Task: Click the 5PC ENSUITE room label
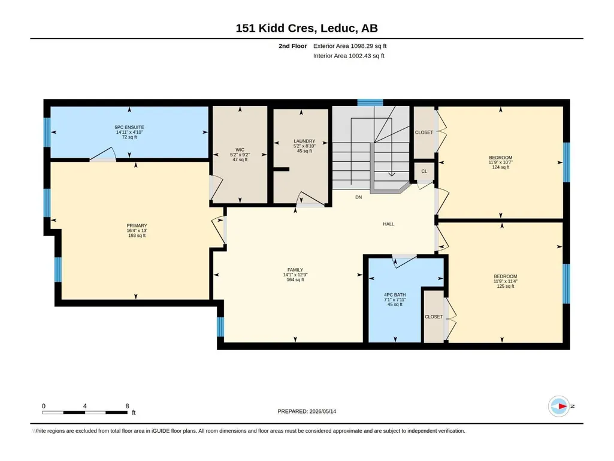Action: click(129, 128)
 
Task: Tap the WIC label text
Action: click(240, 150)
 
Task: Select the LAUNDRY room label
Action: click(304, 141)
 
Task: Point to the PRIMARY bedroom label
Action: click(137, 226)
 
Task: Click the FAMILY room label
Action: click(295, 270)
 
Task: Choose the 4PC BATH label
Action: click(395, 295)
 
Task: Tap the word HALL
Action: click(388, 224)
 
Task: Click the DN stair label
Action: click(359, 197)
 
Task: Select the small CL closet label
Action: click(424, 171)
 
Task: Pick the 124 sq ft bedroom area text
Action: click(500, 167)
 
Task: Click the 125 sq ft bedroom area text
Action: click(506, 286)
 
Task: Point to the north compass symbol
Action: click(559, 406)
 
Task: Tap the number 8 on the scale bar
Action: click(127, 406)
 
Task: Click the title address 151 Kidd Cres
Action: click(276, 28)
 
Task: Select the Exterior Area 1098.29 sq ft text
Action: click(350, 46)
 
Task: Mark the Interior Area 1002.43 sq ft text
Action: click(349, 56)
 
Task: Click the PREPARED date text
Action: click(307, 411)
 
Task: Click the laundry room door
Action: click(311, 199)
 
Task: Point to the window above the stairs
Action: click(370, 103)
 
